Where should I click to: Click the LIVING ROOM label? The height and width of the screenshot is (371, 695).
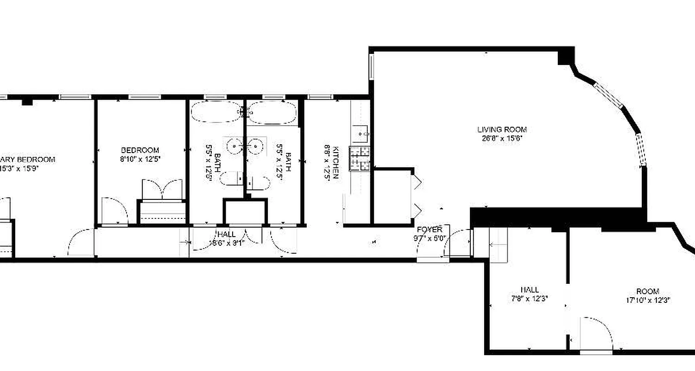(x=502, y=130)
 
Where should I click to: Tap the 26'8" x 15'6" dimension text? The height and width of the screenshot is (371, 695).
(x=502, y=138)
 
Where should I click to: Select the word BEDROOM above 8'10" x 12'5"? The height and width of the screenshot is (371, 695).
(x=140, y=150)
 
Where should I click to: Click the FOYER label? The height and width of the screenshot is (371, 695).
(x=430, y=230)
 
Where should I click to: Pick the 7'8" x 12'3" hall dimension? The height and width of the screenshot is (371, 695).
(x=529, y=299)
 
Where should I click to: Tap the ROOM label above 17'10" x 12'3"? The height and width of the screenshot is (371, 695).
(x=647, y=292)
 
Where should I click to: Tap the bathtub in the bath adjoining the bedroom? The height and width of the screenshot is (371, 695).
(x=216, y=112)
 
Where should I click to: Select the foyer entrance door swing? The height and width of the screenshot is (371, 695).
(x=459, y=243)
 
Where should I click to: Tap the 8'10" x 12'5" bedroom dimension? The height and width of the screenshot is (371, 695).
(x=140, y=159)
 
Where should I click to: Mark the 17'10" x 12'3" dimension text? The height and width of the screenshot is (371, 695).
(x=647, y=300)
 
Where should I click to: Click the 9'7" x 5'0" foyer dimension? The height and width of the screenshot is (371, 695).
(x=430, y=238)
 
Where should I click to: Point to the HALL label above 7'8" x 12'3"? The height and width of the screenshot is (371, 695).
(x=529, y=290)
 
